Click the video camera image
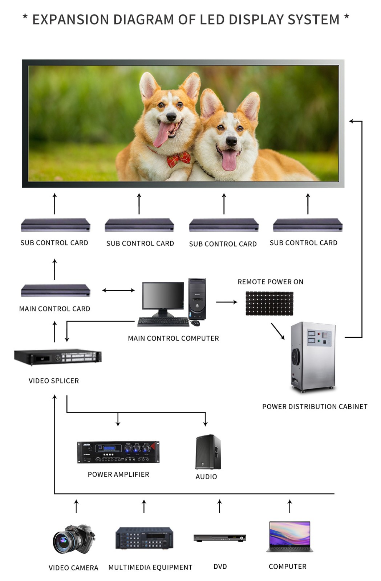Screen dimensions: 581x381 point(74,539)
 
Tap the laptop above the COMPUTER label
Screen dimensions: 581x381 point(289,537)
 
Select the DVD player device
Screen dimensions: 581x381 point(220,538)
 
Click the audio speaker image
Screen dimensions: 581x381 point(208,452)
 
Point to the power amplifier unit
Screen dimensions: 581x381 point(118,452)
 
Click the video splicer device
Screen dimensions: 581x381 point(58,357)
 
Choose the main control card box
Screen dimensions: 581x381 point(55,290)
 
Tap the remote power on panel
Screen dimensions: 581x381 point(269,303)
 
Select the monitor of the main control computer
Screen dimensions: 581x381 point(163,296)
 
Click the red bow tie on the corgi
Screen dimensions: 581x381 point(179,159)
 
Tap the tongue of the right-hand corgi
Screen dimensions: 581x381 point(229,160)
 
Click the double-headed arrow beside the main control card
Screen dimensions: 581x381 point(118,290)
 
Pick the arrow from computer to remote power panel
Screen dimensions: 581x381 point(226,302)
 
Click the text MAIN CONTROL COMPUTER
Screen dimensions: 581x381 point(173,338)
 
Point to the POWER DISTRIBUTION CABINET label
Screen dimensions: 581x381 point(315,407)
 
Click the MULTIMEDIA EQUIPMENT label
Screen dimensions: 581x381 point(150,567)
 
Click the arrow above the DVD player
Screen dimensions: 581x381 point(219,506)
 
